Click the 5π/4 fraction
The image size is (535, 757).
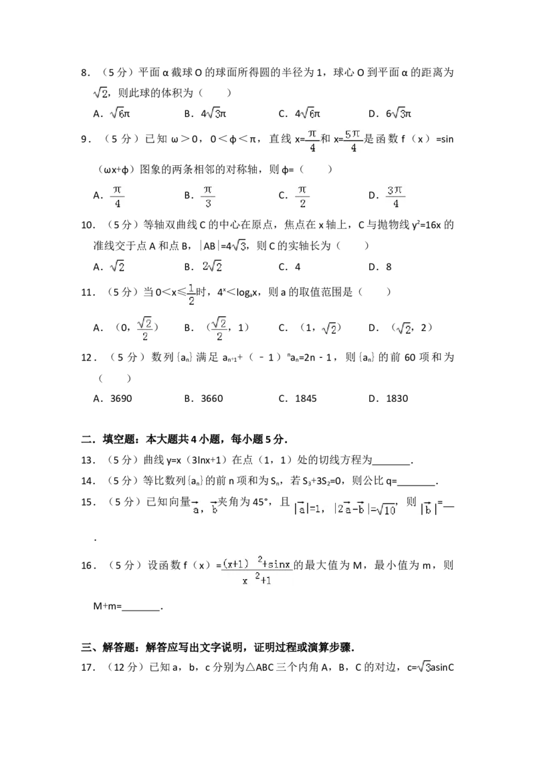coord(352,142)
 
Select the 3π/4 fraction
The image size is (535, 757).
coord(396,197)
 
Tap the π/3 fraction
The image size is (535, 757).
coord(209,197)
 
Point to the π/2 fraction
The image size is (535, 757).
coord(302,197)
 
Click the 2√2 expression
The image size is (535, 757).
coord(212,265)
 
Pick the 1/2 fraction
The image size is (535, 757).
coord(191,295)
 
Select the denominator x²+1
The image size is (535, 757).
coord(257,580)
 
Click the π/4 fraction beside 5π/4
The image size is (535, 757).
coord(310,142)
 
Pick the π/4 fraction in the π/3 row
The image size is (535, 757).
coord(117,197)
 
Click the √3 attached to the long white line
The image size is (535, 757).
coord(239,245)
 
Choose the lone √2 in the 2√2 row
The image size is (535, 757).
coord(117,265)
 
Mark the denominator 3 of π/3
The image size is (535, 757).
coord(209,205)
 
